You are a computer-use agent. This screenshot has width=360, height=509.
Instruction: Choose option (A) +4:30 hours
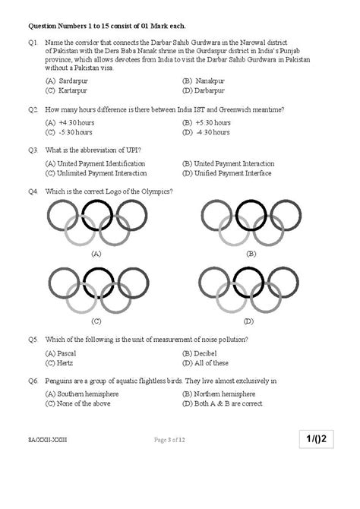pyautogui.click(x=71, y=122)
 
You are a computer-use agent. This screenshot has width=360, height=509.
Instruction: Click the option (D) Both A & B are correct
pyautogui.click(x=222, y=403)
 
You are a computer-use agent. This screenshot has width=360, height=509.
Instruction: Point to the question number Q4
pyautogui.click(x=33, y=191)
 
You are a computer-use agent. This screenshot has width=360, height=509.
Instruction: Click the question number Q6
pyautogui.click(x=33, y=380)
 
